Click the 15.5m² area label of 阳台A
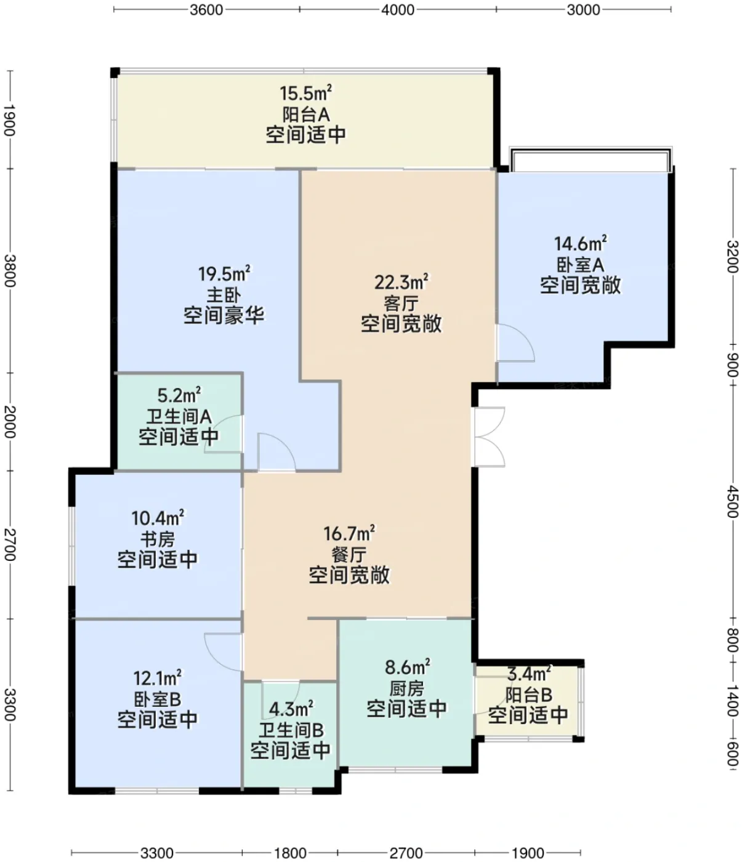coord(305,93)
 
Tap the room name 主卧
coord(224,296)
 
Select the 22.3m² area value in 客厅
coord(401,283)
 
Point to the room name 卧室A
coord(580,264)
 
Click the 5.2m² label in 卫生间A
coord(179,395)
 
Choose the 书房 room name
coord(157,539)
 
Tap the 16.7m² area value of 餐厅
coord(349,533)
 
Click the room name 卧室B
coord(157,699)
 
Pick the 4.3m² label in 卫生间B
coord(291,707)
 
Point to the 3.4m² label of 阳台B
coord(529,673)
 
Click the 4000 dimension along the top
coord(398,10)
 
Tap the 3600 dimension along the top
coord(206,10)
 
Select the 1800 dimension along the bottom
coord(290,853)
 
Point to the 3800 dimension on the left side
coord(9,271)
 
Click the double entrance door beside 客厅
coord(489,437)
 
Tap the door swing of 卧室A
coord(515,342)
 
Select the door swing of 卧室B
coord(223,653)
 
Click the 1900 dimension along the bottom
coord(528,853)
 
